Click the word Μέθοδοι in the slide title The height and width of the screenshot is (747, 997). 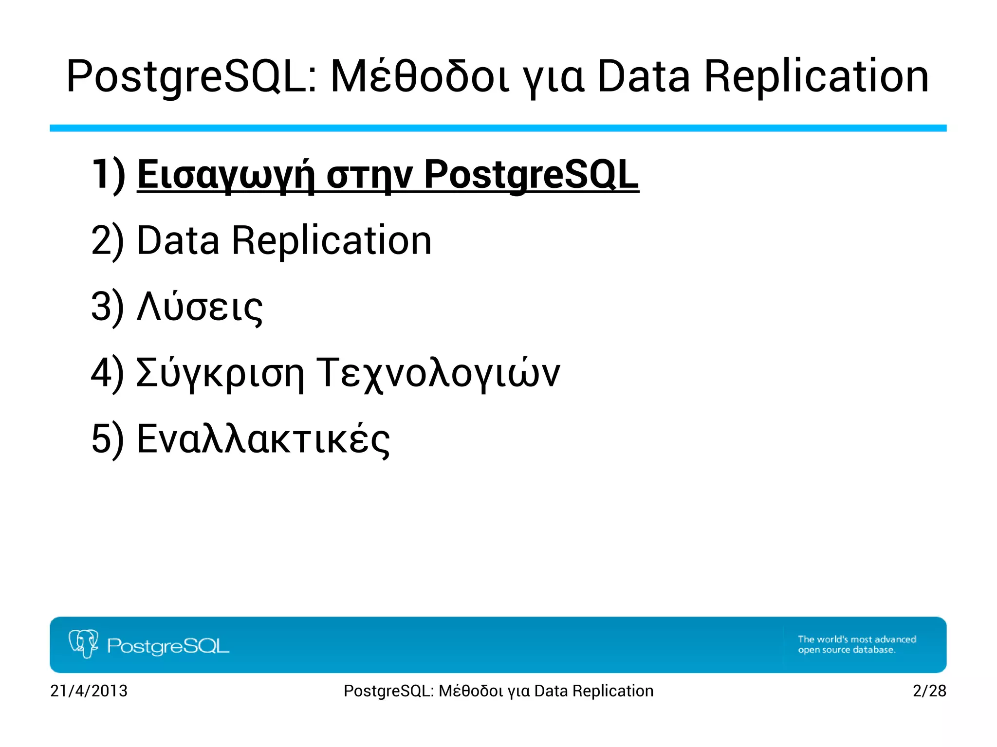tap(420, 77)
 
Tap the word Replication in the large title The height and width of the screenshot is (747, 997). tap(816, 77)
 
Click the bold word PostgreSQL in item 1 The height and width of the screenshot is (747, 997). tap(531, 175)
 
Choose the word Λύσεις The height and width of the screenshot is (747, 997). tap(200, 308)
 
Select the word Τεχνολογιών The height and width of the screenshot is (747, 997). tap(438, 374)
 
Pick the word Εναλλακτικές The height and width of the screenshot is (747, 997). tap(263, 440)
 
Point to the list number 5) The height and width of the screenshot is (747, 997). tap(107, 439)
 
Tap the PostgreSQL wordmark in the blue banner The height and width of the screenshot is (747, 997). tap(168, 646)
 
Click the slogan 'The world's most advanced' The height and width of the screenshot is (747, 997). tap(857, 639)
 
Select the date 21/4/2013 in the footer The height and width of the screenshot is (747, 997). tap(89, 691)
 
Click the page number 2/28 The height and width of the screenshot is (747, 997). tap(929, 691)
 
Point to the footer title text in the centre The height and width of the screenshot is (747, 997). tap(498, 691)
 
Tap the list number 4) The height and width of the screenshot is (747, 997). tap(107, 373)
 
